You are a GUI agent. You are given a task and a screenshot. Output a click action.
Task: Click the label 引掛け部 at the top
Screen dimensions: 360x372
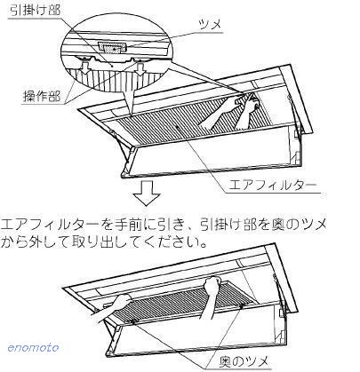pos(36,11)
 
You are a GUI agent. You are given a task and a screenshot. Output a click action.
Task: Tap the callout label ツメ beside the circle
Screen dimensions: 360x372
pos(211,24)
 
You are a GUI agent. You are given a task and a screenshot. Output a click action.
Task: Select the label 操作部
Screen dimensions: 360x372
pos(42,97)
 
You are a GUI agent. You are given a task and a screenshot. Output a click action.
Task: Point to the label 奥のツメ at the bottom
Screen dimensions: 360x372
pos(244,361)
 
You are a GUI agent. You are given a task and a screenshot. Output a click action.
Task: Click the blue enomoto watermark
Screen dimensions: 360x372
pos(33,347)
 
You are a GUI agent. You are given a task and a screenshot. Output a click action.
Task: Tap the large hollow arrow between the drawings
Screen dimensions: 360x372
pos(147,193)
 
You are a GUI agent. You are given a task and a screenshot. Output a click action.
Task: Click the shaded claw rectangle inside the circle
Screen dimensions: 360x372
pos(112,47)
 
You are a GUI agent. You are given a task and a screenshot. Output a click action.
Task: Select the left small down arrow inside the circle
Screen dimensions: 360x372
pos(85,67)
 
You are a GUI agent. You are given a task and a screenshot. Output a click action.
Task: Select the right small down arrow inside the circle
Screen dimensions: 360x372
pos(140,68)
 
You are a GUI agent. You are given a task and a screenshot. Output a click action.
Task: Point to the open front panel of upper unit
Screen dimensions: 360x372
pos(212,149)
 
